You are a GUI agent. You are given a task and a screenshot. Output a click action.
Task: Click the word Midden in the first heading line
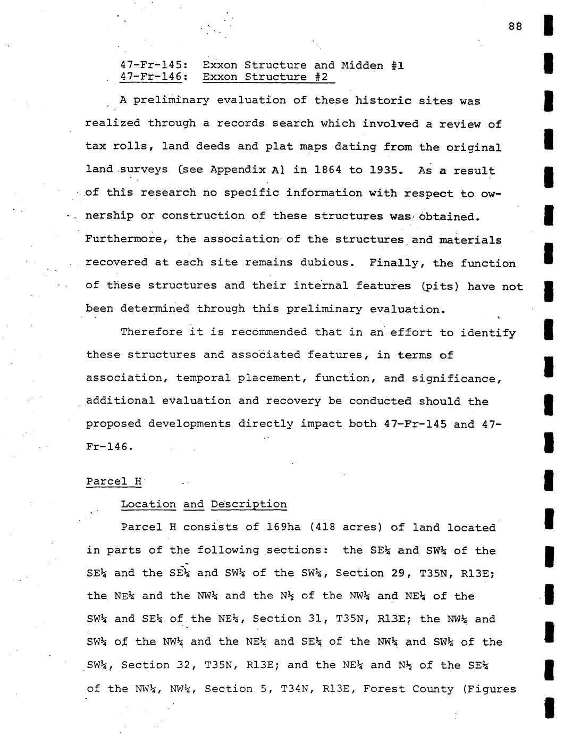pos(361,65)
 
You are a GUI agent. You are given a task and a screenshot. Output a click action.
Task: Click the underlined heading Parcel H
pos(114,481)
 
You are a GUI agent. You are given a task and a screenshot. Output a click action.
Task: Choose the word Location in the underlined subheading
pos(148,504)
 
